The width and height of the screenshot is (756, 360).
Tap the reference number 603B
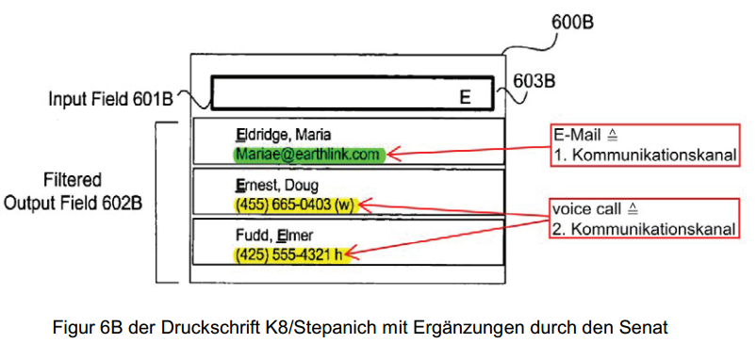point(534,81)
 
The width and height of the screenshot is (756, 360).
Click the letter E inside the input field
point(465,97)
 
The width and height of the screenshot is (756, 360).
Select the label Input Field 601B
point(111,99)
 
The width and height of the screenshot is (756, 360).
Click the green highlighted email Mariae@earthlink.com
point(310,155)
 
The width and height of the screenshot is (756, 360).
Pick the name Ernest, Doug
point(277,186)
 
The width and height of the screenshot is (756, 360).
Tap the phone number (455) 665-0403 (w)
point(295,205)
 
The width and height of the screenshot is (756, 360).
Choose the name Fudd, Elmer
point(274,236)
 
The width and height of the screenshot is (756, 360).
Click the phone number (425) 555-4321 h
point(289,254)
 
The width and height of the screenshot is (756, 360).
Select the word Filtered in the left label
point(73,180)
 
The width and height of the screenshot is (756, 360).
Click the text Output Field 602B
point(73,203)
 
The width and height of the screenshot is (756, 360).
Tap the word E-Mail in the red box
point(576,136)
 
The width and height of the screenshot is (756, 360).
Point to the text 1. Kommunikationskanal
point(644,155)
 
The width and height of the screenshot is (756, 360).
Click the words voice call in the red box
point(585,209)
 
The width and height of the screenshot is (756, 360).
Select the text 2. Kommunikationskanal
point(644,229)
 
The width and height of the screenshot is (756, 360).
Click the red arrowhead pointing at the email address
point(394,155)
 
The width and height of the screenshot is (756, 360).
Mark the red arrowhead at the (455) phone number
point(365,205)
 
